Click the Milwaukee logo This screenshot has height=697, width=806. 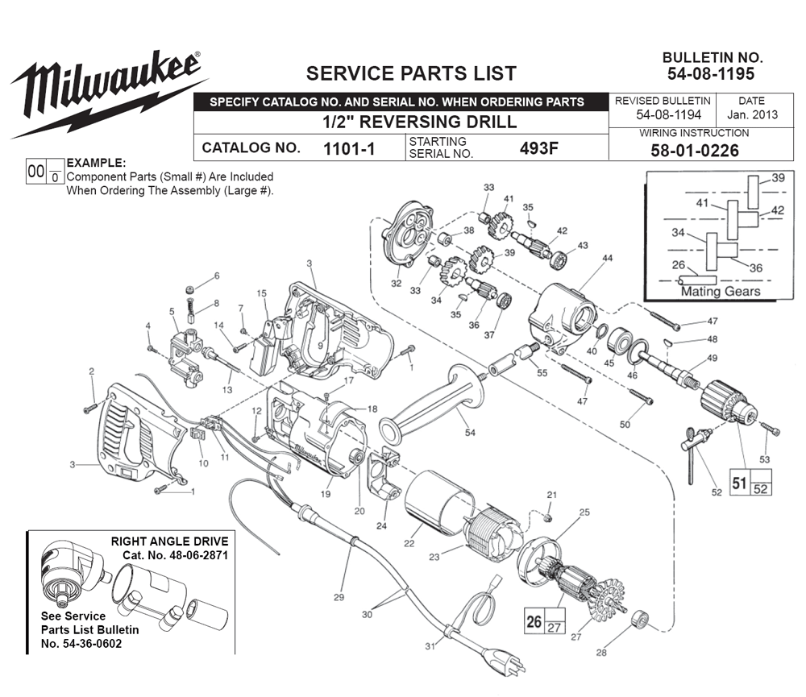pyautogui.click(x=105, y=89)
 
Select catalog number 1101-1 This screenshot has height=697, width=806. pyautogui.click(x=349, y=148)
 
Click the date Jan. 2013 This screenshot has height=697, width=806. pyautogui.click(x=751, y=114)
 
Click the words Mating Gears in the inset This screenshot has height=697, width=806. pyautogui.click(x=720, y=292)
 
